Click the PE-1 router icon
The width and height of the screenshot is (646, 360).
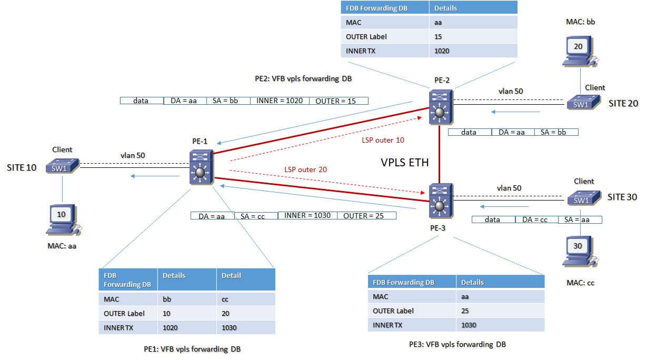pos(201,167)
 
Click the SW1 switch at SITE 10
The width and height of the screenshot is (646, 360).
pos(62,166)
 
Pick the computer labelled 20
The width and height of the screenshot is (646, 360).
pos(579,52)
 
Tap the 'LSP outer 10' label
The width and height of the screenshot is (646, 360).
pos(383,141)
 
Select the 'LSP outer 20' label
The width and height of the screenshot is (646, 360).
pos(306,169)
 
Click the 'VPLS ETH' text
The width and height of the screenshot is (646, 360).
pos(405,163)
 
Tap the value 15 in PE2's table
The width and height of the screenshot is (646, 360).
pos(438,36)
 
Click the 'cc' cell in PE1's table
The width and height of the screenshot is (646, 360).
pos(226,299)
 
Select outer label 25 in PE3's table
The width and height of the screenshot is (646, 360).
pos(465,311)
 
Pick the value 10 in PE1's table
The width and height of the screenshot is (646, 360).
pos(167,313)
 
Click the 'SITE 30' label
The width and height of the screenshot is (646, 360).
pos(623,197)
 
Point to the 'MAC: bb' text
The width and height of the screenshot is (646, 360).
pos(578,22)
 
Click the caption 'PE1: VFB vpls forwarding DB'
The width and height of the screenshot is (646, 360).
pos(192,349)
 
